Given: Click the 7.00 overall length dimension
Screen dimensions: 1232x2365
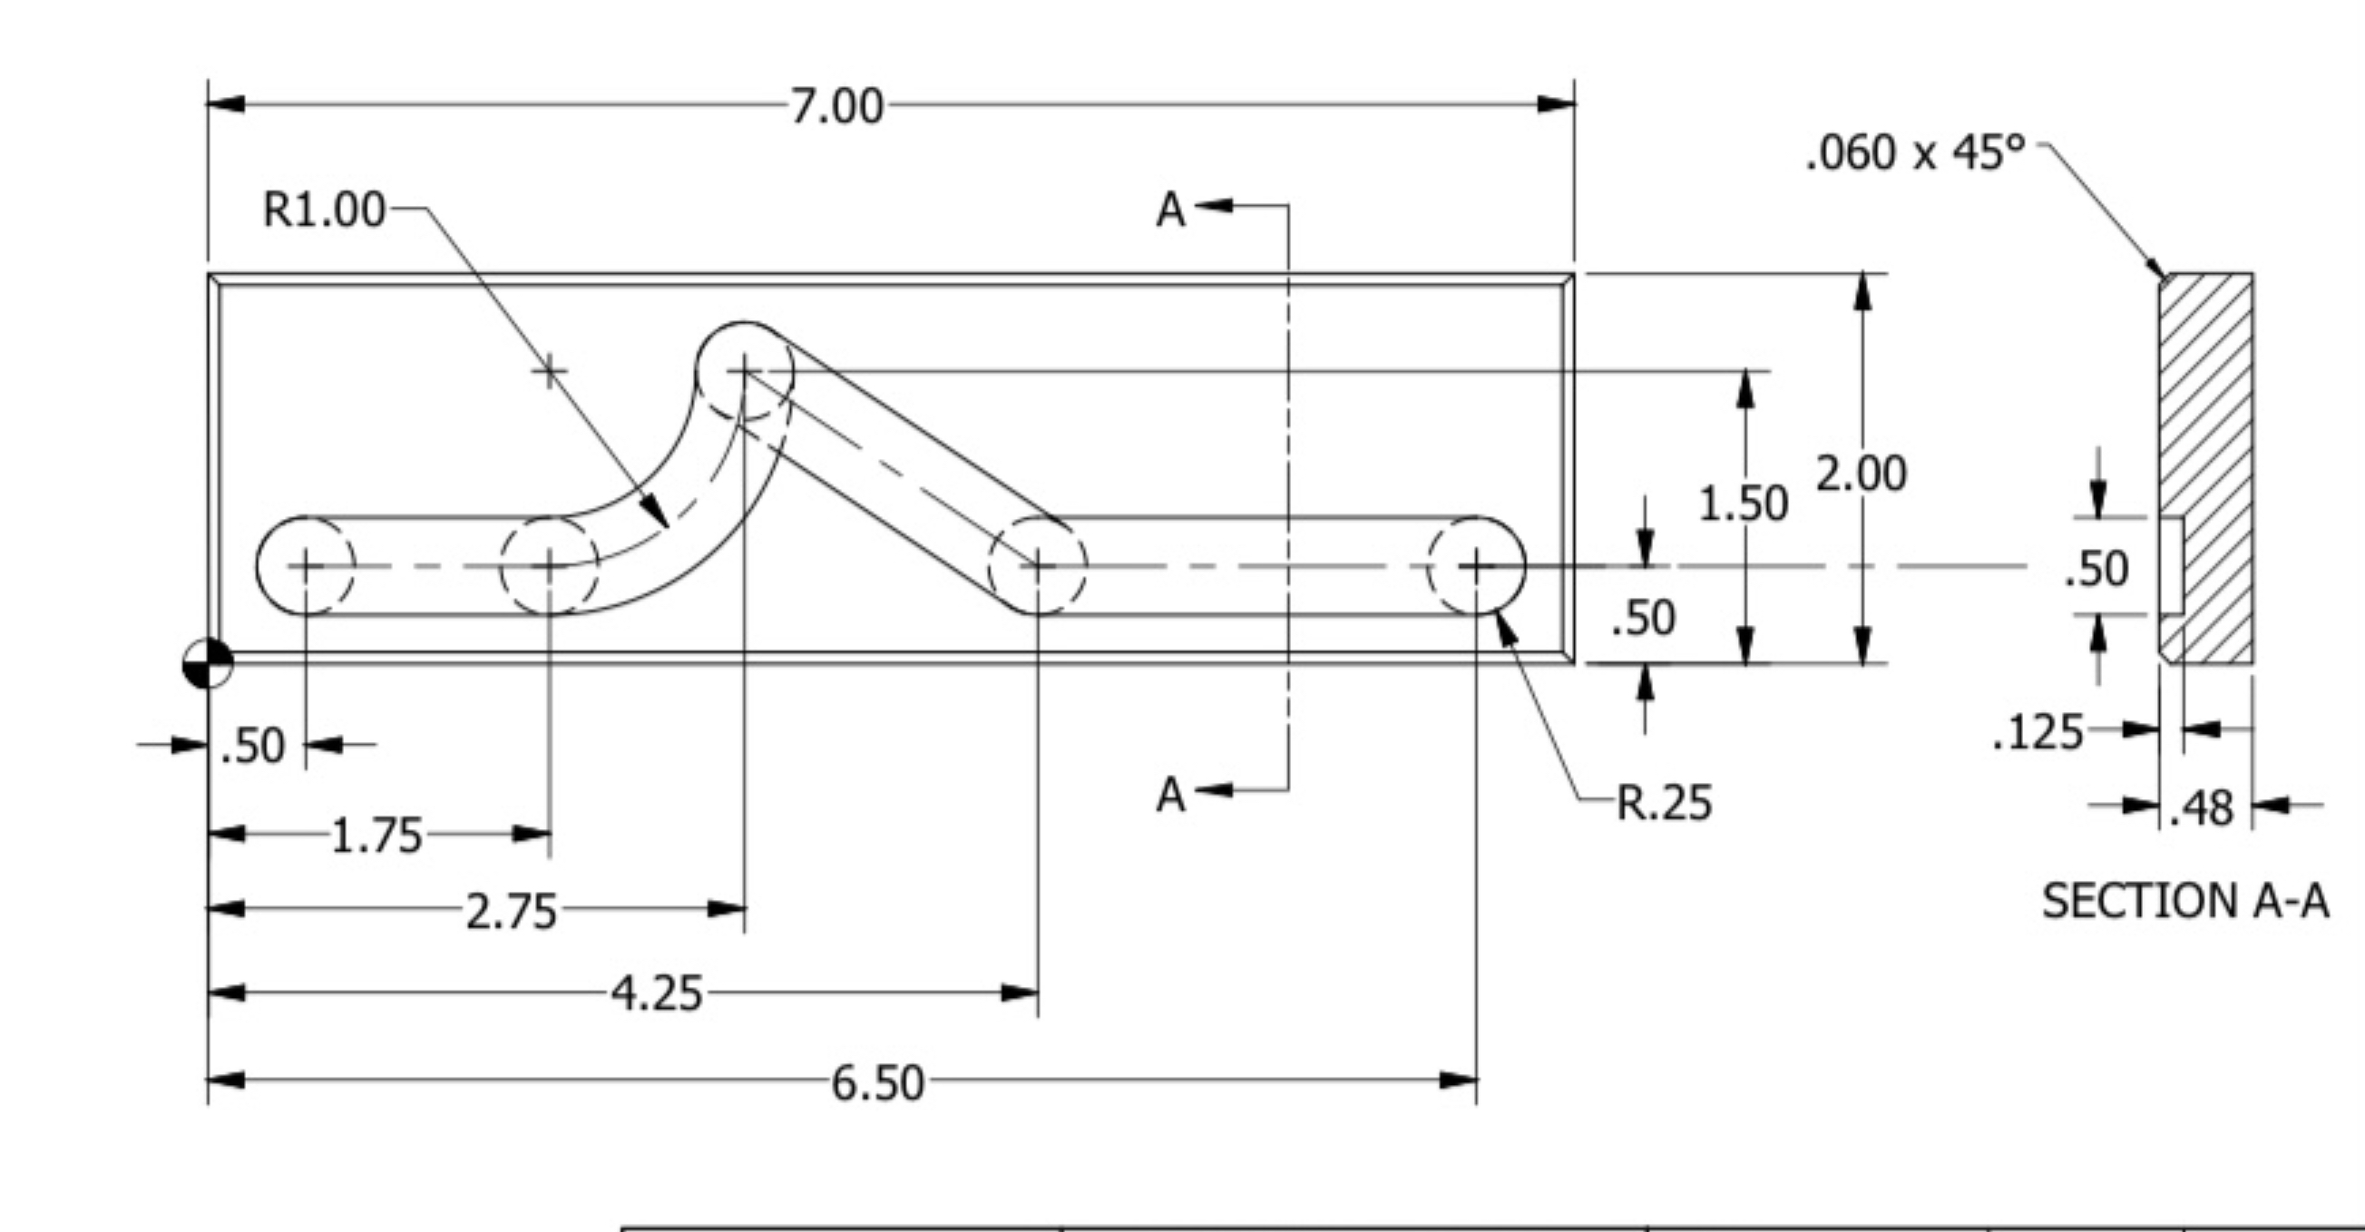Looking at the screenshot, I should click(836, 106).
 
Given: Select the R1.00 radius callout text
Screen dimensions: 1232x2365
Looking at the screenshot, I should click(323, 210).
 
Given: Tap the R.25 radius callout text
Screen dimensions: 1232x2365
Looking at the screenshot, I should click(1664, 803).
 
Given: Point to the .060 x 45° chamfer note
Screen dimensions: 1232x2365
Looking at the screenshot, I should click(1915, 152).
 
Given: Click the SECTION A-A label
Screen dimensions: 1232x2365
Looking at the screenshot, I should click(2185, 902).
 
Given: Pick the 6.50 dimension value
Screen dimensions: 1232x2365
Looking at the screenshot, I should click(878, 1083).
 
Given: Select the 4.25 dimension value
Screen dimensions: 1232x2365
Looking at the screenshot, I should click(658, 994).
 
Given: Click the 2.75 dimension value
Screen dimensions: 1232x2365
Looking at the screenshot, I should click(512, 913).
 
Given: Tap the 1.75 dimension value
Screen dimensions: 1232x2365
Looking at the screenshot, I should click(376, 836).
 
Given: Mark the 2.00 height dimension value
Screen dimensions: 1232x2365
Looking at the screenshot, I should click(1862, 474).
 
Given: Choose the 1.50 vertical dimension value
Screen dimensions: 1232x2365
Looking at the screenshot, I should click(1744, 504).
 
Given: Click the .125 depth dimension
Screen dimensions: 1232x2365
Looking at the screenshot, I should click(2038, 734).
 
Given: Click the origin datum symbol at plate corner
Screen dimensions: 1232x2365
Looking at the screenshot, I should click(209, 663).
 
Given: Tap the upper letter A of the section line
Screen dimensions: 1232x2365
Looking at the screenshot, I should click(1170, 210).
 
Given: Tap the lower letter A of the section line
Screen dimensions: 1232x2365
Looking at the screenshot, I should click(1170, 794).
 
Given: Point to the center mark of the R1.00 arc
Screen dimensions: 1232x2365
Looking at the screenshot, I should click(549, 371).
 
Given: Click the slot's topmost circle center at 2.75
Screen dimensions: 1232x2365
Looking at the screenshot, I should click(744, 371).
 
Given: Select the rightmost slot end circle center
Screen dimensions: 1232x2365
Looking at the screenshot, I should click(1476, 566).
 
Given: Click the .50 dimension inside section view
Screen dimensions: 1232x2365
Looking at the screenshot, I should click(2097, 569).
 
